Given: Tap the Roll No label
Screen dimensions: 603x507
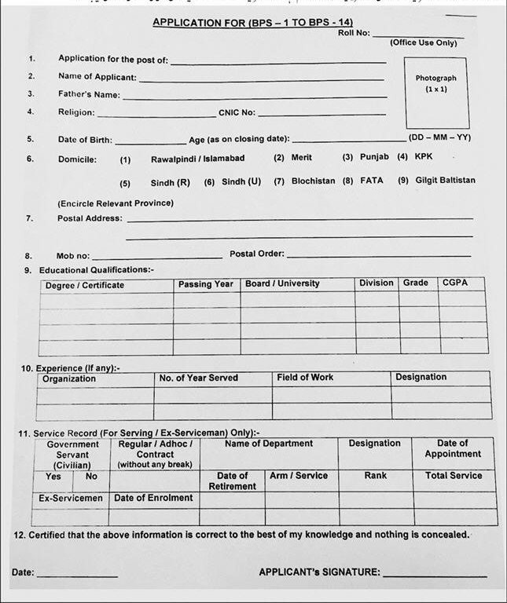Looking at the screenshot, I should click(354, 33).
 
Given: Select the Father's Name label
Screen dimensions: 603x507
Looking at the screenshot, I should click(89, 95).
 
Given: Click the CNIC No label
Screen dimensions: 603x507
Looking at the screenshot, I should click(237, 112).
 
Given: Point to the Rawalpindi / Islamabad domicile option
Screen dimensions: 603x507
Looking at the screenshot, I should click(197, 158).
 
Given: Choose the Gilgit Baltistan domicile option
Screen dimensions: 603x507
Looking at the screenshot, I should click(445, 181).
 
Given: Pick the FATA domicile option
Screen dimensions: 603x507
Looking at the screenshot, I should click(372, 181).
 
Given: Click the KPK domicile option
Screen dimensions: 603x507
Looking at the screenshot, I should click(423, 157).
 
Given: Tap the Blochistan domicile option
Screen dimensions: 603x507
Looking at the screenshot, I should click(313, 181).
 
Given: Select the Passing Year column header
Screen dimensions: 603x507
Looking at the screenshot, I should click(205, 284).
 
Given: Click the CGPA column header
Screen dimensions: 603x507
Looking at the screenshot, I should click(454, 283).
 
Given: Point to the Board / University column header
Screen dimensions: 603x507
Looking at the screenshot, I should click(282, 283).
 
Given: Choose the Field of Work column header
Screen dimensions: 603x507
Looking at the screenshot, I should click(305, 378).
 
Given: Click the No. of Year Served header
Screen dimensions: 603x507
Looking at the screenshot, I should click(198, 378).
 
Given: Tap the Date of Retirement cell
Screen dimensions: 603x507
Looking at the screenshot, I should click(232, 481).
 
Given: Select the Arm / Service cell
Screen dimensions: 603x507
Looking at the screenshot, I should click(299, 476).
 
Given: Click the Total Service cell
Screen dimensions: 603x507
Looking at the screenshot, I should click(453, 476).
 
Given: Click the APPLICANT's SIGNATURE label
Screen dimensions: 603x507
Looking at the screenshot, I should click(319, 572).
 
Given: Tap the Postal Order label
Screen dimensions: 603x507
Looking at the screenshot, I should click(257, 254).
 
